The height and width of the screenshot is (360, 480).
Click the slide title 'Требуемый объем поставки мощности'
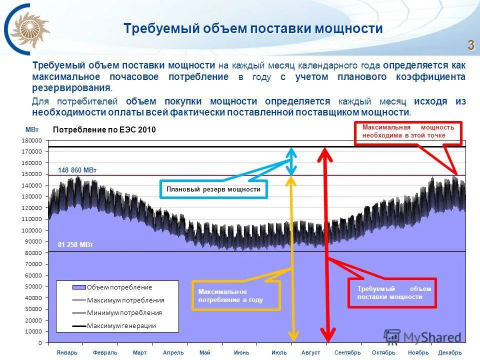253,28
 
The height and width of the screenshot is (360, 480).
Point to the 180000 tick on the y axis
31,140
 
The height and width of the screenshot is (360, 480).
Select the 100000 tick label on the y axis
31,230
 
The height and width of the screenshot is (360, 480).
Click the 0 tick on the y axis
39,343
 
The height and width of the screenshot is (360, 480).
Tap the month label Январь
67,352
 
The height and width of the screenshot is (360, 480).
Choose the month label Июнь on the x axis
241,352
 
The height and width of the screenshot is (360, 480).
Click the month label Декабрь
449,352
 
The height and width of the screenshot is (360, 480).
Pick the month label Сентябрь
347,352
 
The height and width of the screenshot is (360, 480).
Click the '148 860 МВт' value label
77,170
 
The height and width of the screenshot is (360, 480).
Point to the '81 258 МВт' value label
75,244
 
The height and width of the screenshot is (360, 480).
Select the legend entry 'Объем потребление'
119,287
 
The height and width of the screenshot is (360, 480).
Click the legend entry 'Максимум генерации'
121,325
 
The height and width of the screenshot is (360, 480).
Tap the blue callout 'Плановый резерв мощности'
213,189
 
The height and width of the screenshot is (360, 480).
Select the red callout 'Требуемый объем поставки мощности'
393,293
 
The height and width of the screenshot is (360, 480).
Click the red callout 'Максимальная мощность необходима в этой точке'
408,131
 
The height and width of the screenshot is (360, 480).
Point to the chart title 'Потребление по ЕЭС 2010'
104,130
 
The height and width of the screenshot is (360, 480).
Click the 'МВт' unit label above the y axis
31,129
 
